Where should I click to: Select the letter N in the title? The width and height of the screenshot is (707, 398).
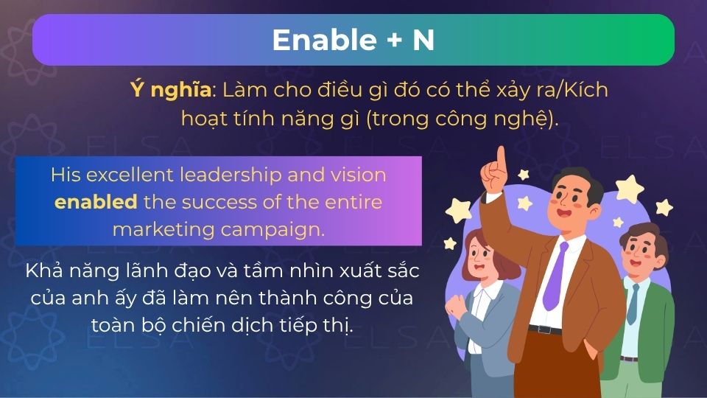click(x=423, y=40)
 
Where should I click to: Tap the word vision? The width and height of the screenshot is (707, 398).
click(x=361, y=175)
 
